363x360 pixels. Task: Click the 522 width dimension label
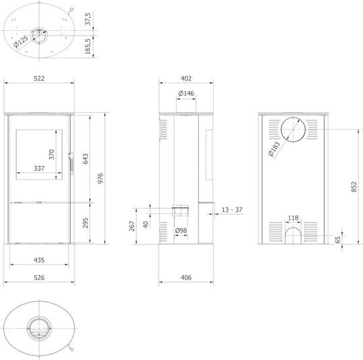pyautogui.click(x=39, y=79)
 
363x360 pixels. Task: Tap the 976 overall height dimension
pyautogui.click(x=100, y=179)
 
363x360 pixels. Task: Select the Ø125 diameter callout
pyautogui.click(x=21, y=42)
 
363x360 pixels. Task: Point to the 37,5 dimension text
pyautogui.click(x=88, y=19)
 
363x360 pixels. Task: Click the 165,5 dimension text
pyautogui.click(x=88, y=46)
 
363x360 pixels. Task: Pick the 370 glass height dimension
pyautogui.click(x=51, y=154)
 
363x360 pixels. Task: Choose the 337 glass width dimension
pyautogui.click(x=39, y=169)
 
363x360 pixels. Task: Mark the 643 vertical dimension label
pyautogui.click(x=85, y=159)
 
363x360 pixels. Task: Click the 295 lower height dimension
pyautogui.click(x=85, y=222)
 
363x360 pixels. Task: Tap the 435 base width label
pyautogui.click(x=39, y=261)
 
